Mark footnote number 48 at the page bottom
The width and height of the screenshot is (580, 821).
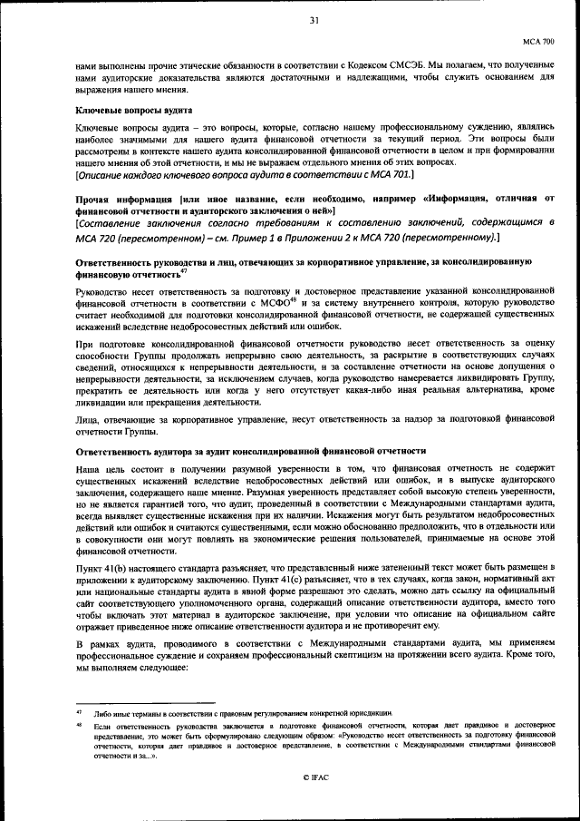coord(79,727)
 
